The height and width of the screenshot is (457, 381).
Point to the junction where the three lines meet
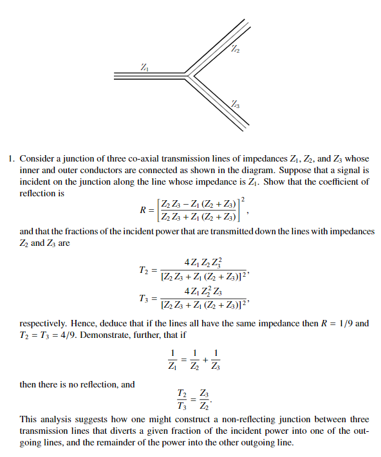click(187, 75)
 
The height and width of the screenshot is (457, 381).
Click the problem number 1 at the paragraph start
click(11, 158)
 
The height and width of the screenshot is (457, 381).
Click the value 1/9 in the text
click(344, 323)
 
